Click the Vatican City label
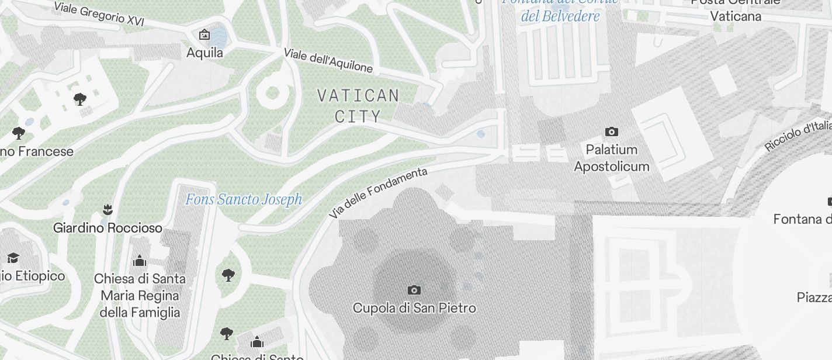[x=358, y=105]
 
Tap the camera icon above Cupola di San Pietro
[x=414, y=290]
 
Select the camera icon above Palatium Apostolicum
[x=611, y=131]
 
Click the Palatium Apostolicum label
[x=611, y=158]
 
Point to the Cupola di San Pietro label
[x=414, y=307]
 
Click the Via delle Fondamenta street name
[x=378, y=193]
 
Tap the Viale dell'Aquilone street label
[x=328, y=60]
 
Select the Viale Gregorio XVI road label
[x=99, y=13]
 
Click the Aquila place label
[x=204, y=53]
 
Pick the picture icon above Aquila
[x=204, y=34]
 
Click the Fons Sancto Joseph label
[x=244, y=200]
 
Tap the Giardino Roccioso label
[x=108, y=227]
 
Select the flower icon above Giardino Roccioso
[x=107, y=209]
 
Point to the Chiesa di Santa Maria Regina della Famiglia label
[x=140, y=295]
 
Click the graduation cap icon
[x=12, y=258]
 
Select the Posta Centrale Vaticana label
[x=736, y=9]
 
